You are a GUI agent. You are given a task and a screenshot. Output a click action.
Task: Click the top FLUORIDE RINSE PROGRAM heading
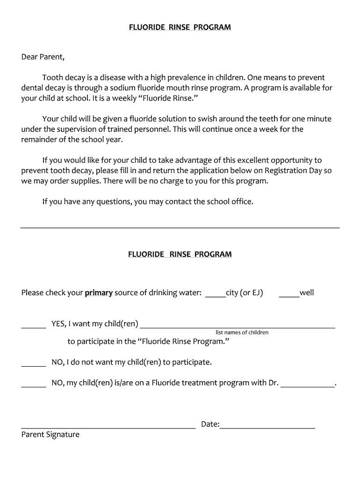pos(180,27)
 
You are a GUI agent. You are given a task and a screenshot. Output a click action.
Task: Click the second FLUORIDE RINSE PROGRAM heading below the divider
pos(180,254)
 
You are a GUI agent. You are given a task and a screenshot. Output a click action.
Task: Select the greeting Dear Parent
pos(43,57)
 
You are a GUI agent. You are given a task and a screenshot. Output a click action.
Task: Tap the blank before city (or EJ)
pos(215,294)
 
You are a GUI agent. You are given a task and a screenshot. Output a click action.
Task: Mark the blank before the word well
pos(289,294)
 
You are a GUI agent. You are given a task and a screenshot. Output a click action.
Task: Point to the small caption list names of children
pos(242,333)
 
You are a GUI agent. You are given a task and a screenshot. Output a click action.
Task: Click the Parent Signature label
pos(50,435)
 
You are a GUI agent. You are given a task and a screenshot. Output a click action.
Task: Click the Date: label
pos(210,424)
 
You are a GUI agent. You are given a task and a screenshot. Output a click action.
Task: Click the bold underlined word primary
pos(99,293)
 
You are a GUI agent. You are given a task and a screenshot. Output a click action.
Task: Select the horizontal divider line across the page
pos(180,228)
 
